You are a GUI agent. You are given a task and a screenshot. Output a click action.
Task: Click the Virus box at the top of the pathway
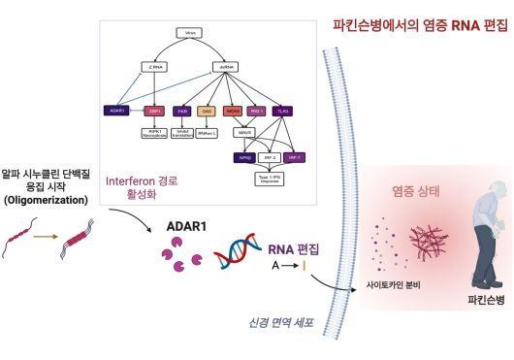[x=192, y=33]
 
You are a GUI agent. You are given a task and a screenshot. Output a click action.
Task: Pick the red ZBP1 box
[x=152, y=111]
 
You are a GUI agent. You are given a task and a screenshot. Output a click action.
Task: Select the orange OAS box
[x=206, y=111]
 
